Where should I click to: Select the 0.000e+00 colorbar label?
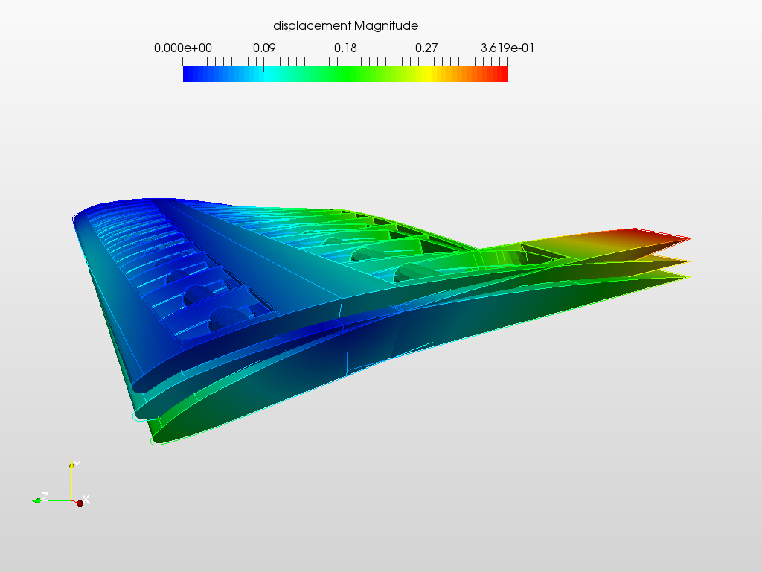[183, 48]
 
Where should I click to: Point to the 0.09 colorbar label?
[264, 48]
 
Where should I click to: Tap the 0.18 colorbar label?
[345, 48]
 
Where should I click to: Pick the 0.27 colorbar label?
[426, 48]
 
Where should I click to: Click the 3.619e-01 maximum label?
[508, 48]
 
